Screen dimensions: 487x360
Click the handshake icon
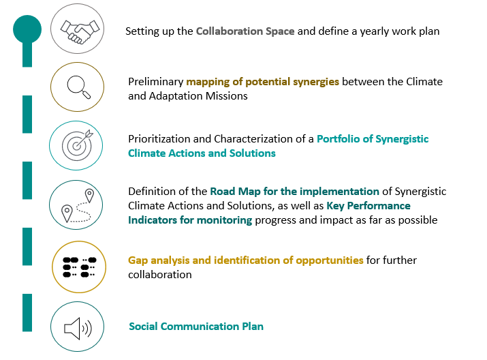click(x=80, y=31)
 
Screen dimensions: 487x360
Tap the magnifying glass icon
click(x=79, y=87)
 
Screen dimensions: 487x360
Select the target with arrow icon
click(x=78, y=145)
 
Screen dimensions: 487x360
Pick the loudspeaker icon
click(x=78, y=328)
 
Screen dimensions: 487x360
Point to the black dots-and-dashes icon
click(x=80, y=267)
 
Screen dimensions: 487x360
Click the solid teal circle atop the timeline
click(x=27, y=29)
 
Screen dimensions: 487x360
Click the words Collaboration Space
click(x=245, y=31)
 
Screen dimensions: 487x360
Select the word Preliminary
click(x=155, y=82)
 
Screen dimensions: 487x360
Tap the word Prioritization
click(x=159, y=139)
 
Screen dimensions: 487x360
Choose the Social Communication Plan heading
click(x=196, y=327)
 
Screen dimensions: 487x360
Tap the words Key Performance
click(x=368, y=206)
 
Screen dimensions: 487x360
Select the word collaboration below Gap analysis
click(x=159, y=275)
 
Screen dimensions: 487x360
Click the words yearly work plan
click(x=400, y=31)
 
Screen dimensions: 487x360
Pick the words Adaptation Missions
click(x=198, y=96)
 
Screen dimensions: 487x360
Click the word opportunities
click(x=330, y=260)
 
